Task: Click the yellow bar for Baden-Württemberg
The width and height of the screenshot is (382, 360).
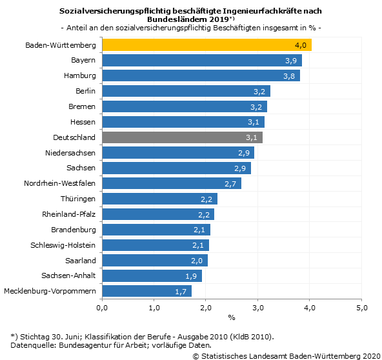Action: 206,45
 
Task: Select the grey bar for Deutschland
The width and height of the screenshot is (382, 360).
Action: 182,137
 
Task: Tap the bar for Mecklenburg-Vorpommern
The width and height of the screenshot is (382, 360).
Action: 146,291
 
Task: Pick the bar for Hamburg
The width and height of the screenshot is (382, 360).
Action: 201,75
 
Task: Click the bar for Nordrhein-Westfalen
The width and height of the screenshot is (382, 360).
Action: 172,183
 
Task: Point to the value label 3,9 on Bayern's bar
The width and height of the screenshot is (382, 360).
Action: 290,61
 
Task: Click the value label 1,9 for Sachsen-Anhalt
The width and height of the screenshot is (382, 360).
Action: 192,276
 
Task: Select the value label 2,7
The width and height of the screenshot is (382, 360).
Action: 231,184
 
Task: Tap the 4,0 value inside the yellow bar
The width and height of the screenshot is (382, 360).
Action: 301,45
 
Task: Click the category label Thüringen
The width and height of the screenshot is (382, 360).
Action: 78,199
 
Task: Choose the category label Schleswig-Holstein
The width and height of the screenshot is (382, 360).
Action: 63,245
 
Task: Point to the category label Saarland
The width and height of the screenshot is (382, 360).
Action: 81,261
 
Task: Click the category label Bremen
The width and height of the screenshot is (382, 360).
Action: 82,106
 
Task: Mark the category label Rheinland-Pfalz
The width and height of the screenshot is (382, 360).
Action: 69,214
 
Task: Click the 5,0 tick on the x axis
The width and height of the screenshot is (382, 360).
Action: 362,308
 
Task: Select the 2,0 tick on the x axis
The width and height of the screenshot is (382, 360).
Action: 206,308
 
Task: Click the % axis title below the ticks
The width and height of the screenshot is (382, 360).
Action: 232,317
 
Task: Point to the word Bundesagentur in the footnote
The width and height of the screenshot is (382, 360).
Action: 89,345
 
